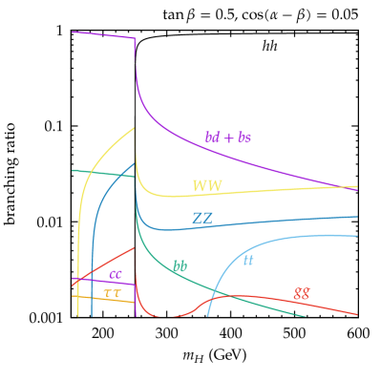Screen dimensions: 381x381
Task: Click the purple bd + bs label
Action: tap(228, 138)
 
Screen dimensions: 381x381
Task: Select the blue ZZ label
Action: tap(202, 218)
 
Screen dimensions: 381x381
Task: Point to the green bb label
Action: tap(180, 266)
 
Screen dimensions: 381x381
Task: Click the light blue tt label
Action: tap(248, 260)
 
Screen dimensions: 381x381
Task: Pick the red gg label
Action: tap(301, 293)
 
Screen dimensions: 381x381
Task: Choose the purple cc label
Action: tap(116, 275)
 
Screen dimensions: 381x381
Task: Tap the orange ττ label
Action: tap(112, 293)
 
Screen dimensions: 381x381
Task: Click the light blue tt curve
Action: tap(286, 240)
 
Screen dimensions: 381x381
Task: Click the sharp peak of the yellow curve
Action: tap(135, 127)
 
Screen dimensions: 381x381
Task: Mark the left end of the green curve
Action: tap(73, 171)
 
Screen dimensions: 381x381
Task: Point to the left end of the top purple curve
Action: tap(73, 32)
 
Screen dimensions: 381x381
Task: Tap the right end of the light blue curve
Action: tap(357, 235)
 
